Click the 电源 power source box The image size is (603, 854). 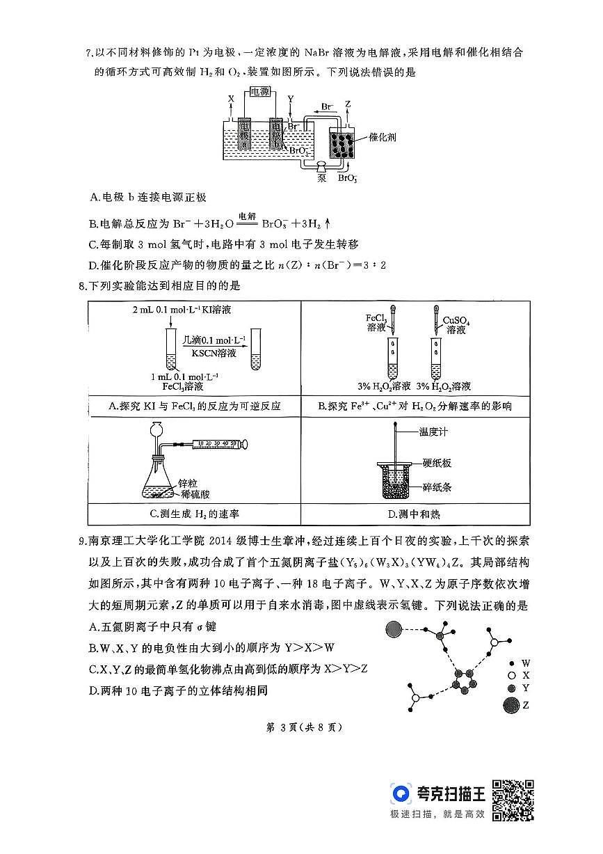tap(264, 92)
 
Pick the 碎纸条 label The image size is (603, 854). tap(437, 487)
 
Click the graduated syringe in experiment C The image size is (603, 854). tap(216, 443)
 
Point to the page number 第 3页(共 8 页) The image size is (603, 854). tap(302, 727)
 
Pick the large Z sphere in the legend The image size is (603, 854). tap(511, 706)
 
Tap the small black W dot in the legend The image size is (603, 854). tap(512, 664)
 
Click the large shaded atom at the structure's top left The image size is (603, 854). tap(395, 631)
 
